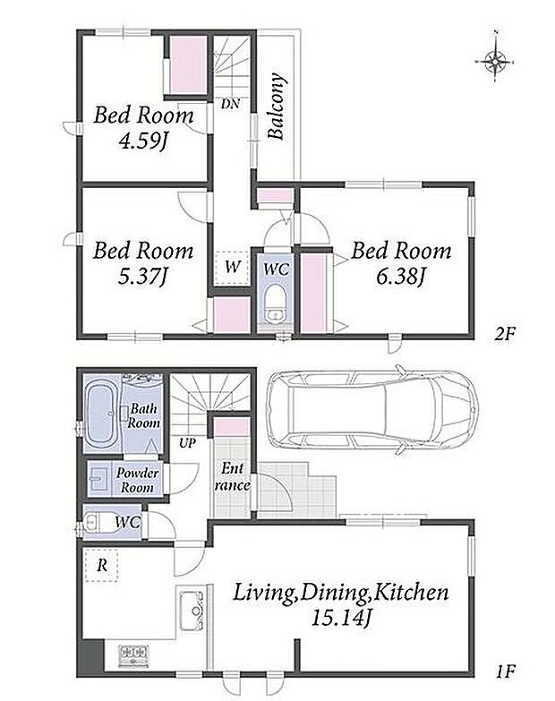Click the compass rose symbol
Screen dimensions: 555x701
click(495, 59)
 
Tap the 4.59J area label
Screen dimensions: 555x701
click(142, 141)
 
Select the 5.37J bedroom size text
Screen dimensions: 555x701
click(142, 277)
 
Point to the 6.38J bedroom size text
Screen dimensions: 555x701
click(400, 277)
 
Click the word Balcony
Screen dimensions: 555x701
click(277, 107)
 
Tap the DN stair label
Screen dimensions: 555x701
click(230, 104)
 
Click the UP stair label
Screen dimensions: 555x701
click(187, 443)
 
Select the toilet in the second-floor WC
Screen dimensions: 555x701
click(276, 305)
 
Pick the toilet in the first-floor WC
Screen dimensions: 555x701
click(98, 522)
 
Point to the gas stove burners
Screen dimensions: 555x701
click(133, 657)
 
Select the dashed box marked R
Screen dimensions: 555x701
click(101, 565)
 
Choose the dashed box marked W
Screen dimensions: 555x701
click(232, 268)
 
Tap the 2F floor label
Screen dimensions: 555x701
click(506, 335)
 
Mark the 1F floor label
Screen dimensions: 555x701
click(506, 671)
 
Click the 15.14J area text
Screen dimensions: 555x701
click(341, 619)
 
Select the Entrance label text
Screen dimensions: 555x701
click(233, 477)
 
